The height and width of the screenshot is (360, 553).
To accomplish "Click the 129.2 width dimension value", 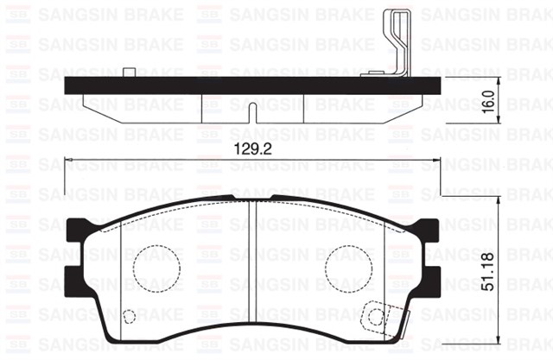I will (249, 149).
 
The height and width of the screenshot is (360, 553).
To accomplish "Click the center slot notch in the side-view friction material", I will (250, 111).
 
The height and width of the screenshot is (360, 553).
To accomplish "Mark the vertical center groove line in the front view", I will (251, 259).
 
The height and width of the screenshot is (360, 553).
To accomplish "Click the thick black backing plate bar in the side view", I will (251, 83).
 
